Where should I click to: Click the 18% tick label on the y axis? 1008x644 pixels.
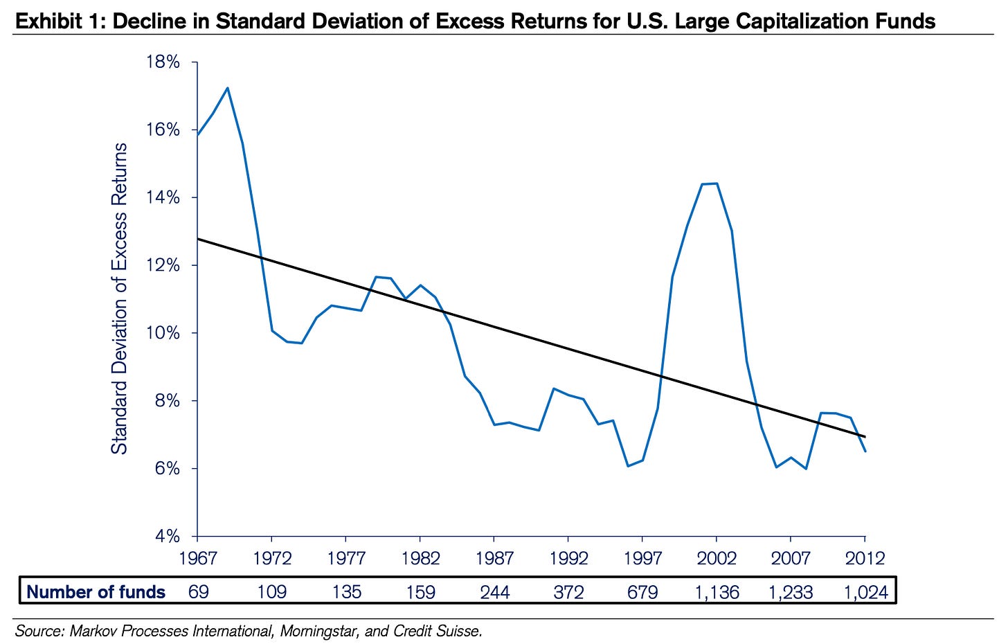(x=163, y=62)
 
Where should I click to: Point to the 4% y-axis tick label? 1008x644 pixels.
(x=167, y=537)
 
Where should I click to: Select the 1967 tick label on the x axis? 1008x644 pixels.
(x=197, y=558)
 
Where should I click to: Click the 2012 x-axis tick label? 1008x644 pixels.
(x=865, y=558)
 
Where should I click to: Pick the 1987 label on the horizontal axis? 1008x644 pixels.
(x=494, y=558)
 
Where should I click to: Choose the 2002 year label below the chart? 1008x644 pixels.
(x=717, y=558)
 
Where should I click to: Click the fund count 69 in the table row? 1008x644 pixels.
(x=198, y=592)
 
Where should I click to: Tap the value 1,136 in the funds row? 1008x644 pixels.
(x=717, y=592)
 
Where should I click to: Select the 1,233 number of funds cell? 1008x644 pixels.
(x=791, y=592)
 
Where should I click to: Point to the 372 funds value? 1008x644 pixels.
(x=568, y=592)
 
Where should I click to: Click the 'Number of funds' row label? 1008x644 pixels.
(x=96, y=592)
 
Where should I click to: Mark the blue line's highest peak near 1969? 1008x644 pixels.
(x=228, y=88)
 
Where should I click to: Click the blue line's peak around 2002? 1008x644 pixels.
(x=717, y=184)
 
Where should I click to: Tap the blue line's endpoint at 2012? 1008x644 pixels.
(x=865, y=451)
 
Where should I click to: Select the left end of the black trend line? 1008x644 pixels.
(x=199, y=239)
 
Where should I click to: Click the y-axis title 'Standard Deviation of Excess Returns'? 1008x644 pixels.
(x=120, y=298)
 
